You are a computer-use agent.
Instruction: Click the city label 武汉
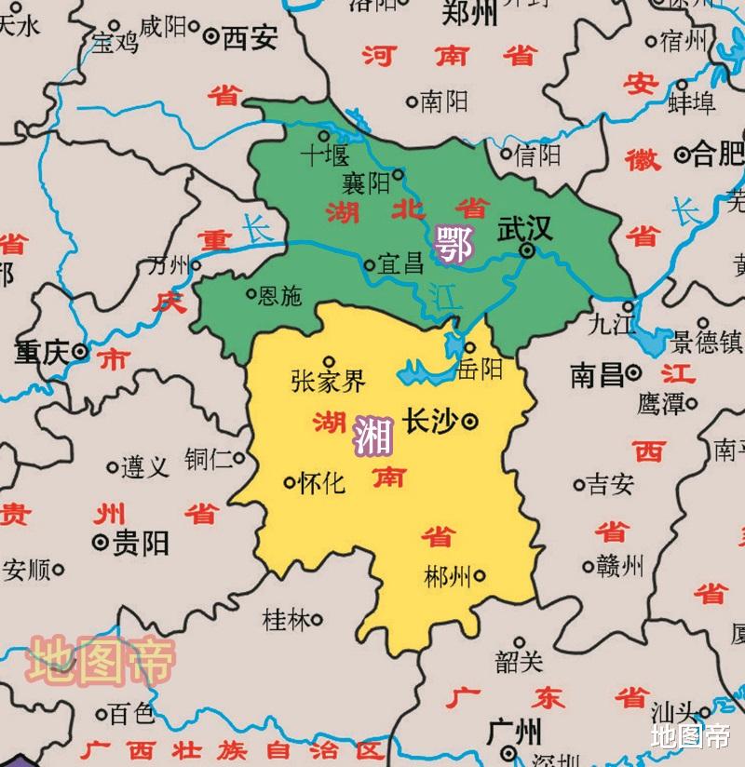(524, 229)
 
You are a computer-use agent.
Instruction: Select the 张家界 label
(328, 381)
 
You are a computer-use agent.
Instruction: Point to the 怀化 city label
(323, 483)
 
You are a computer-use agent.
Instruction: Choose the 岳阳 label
(481, 370)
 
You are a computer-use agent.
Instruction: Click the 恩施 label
(279, 296)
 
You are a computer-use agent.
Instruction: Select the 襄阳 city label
(366, 183)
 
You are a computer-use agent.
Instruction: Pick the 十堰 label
(323, 155)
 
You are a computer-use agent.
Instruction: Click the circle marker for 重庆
(81, 353)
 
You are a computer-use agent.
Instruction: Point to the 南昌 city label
(597, 375)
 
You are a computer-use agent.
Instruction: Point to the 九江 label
(611, 323)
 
